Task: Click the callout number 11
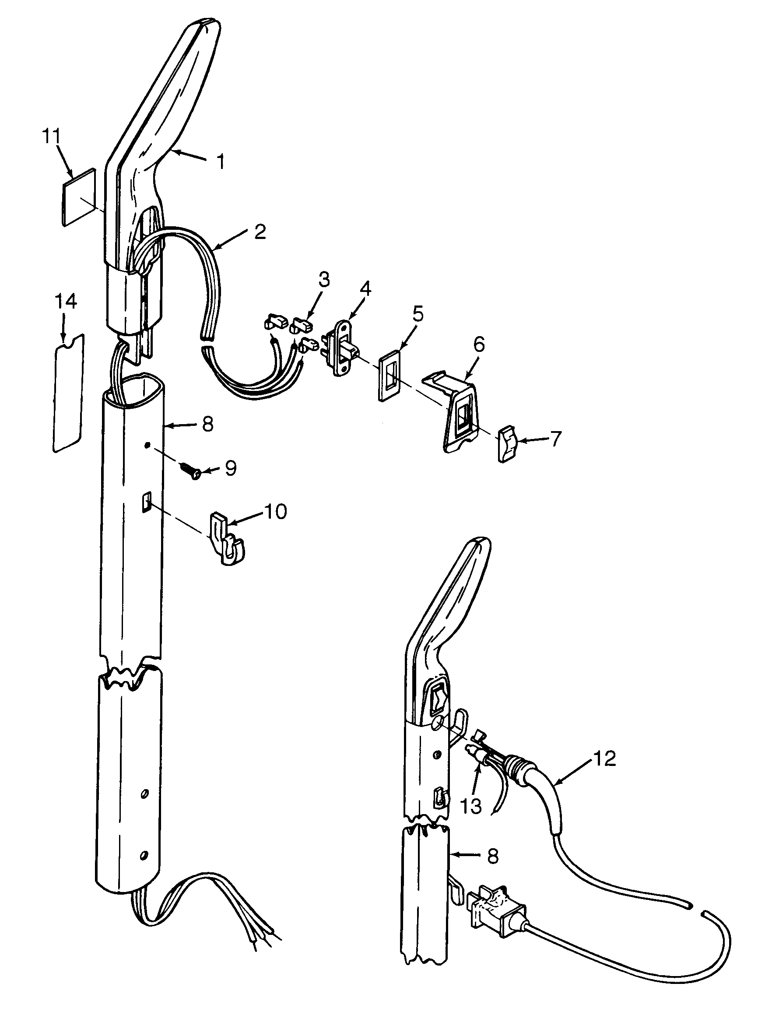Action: [x=51, y=137]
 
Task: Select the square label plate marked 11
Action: [x=79, y=197]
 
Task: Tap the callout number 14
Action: [x=66, y=302]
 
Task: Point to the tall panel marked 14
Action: [x=69, y=393]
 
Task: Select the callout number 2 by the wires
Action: [x=260, y=232]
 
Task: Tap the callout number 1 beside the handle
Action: [x=221, y=162]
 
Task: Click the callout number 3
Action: [x=324, y=279]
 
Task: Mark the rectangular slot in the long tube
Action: [x=146, y=502]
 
